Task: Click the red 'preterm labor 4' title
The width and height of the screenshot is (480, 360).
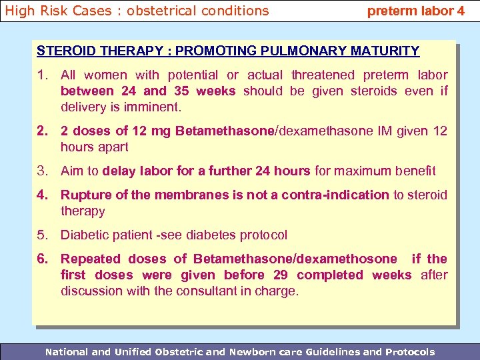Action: pyautogui.click(x=415, y=11)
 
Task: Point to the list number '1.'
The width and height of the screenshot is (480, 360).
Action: pyautogui.click(x=43, y=75)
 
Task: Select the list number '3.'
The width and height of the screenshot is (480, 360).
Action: pyautogui.click(x=43, y=171)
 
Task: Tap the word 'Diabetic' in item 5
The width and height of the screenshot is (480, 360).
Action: pyautogui.click(x=85, y=235)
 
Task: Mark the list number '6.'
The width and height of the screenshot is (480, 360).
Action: pyautogui.click(x=43, y=259)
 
